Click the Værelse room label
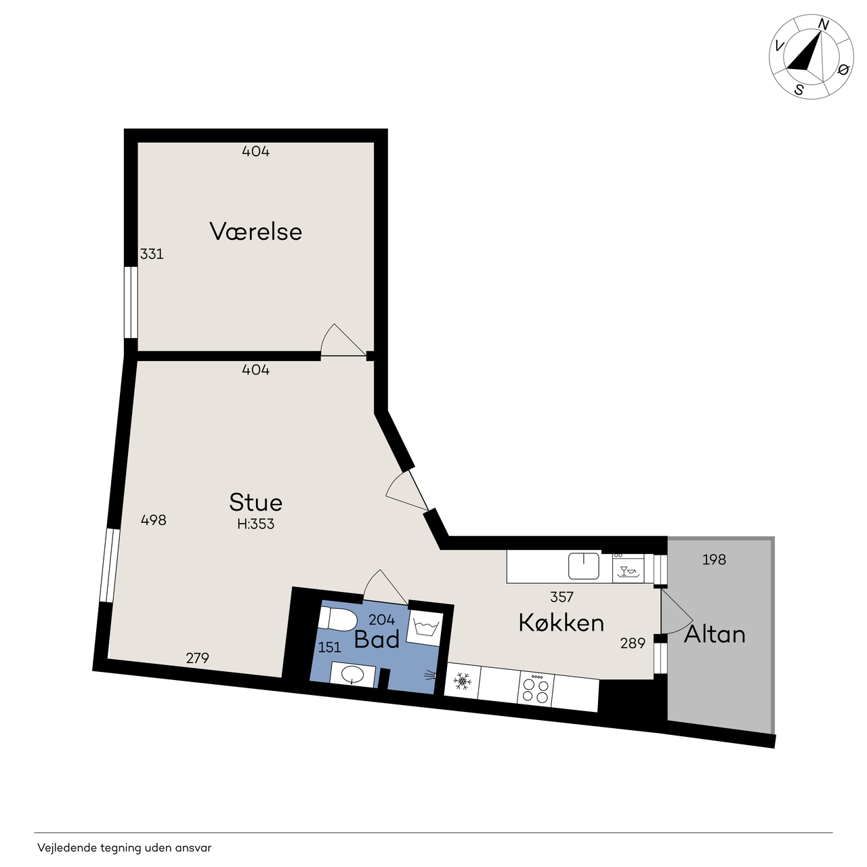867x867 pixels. click(x=255, y=232)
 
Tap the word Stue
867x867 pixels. click(x=255, y=502)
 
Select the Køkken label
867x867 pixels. click(x=561, y=622)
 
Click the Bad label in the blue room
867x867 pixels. click(x=377, y=639)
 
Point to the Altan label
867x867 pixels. click(x=715, y=635)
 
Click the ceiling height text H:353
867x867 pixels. click(x=255, y=524)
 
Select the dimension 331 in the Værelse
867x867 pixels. click(x=152, y=254)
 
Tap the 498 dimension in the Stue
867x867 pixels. click(x=154, y=520)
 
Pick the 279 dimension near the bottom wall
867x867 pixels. click(x=198, y=658)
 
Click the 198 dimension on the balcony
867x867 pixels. click(x=714, y=559)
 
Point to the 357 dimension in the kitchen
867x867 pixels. click(x=562, y=597)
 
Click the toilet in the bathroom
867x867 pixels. click(x=337, y=619)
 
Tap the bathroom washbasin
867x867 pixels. click(x=353, y=675)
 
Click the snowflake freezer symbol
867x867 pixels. click(x=462, y=681)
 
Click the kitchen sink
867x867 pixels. click(x=584, y=566)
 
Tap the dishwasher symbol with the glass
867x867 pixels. click(x=629, y=568)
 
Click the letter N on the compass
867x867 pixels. click(x=824, y=25)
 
